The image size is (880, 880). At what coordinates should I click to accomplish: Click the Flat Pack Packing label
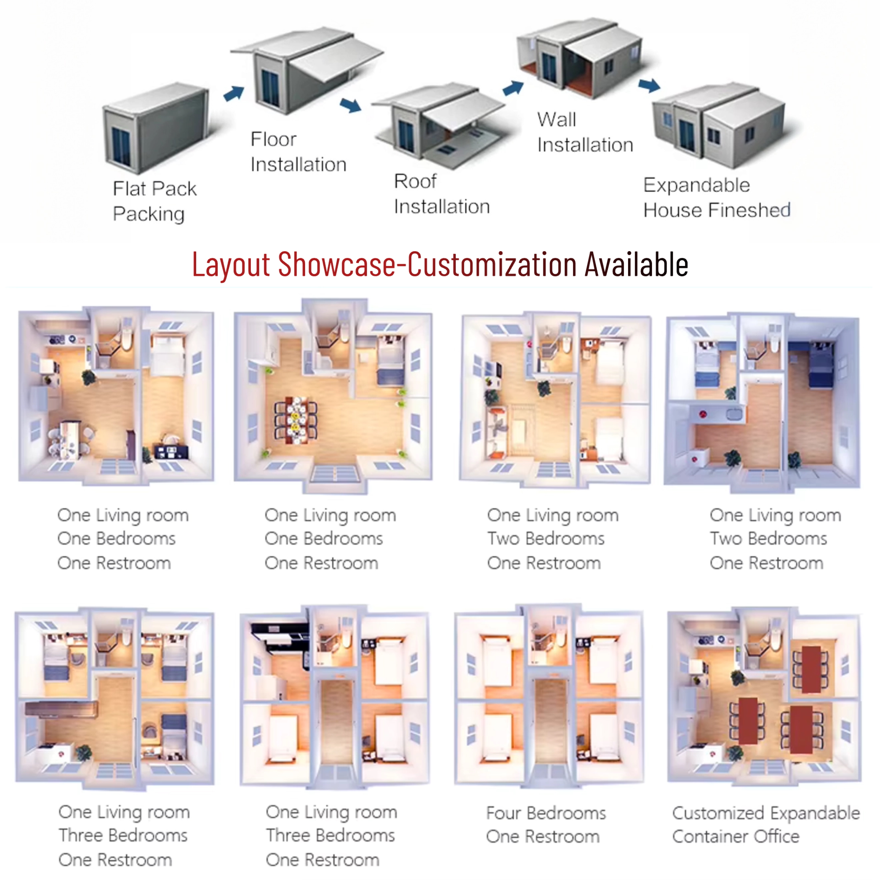tap(154, 201)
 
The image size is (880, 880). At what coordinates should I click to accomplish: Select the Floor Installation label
tap(298, 152)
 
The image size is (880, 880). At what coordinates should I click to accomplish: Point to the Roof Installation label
tap(442, 194)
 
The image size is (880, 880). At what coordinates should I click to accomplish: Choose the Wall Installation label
tap(585, 132)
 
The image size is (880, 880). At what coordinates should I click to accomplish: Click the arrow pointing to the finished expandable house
tap(649, 85)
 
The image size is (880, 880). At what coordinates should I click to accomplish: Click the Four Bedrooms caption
tap(546, 813)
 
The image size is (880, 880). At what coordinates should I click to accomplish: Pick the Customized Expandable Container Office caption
tap(766, 825)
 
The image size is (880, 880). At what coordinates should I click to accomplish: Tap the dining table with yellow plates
tap(296, 420)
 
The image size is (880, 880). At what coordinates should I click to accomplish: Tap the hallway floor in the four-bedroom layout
tap(551, 722)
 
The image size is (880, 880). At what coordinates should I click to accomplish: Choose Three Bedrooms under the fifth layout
tap(123, 835)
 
